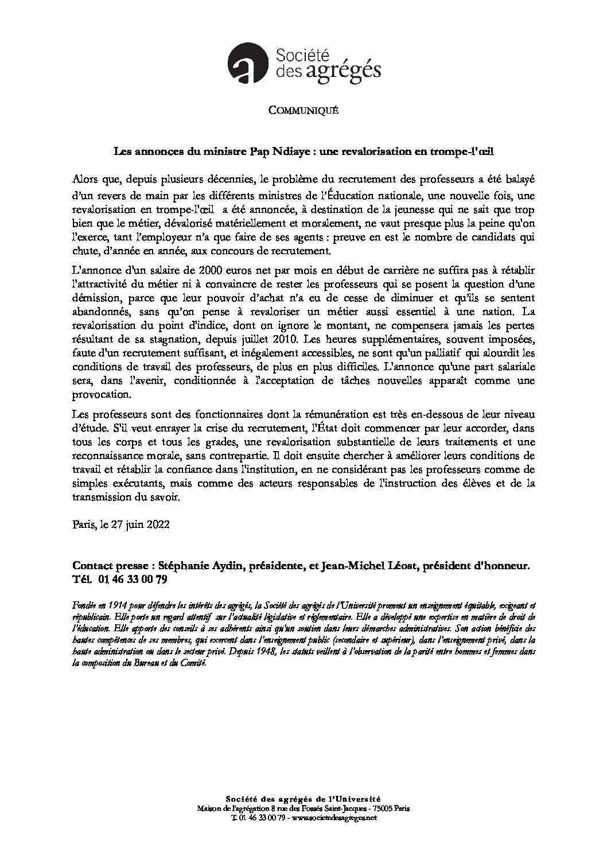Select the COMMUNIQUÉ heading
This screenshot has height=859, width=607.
303,111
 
